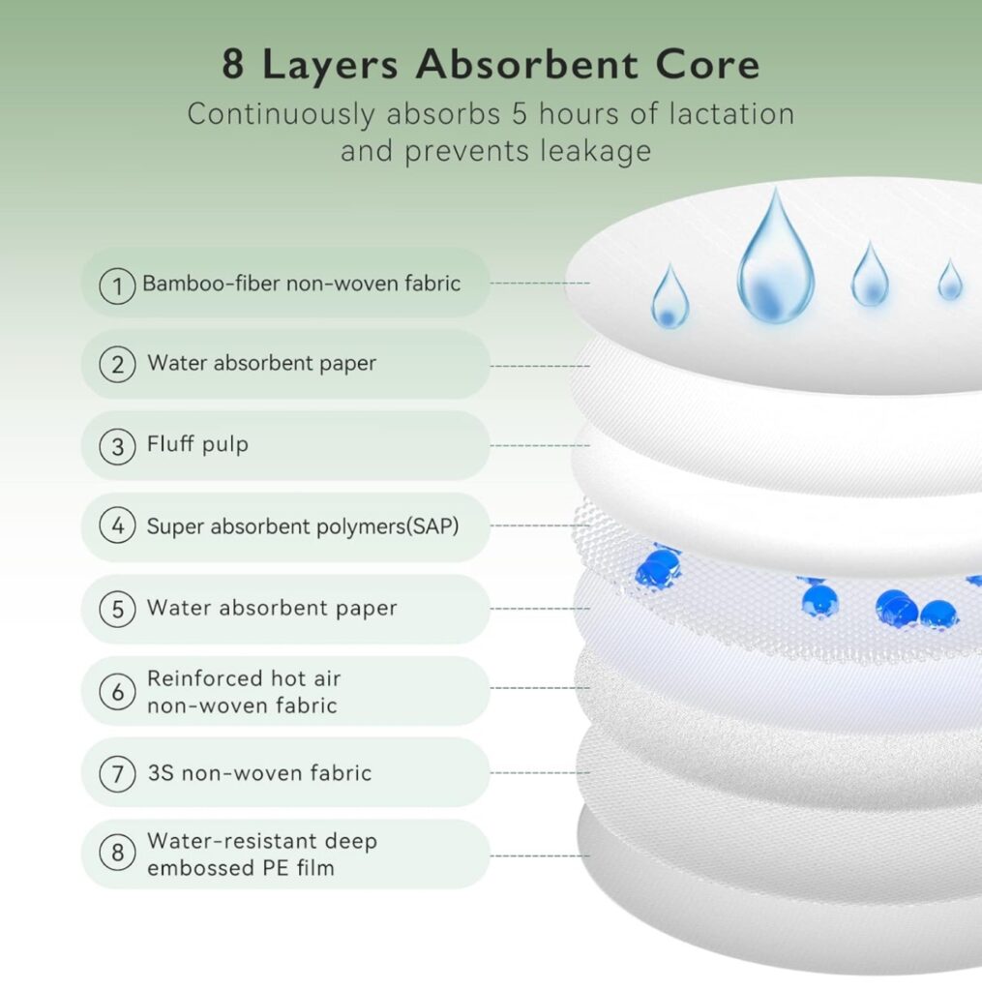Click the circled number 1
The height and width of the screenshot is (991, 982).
pyautogui.click(x=117, y=285)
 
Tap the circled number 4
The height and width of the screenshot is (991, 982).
pyautogui.click(x=117, y=526)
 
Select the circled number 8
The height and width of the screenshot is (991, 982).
pyautogui.click(x=117, y=853)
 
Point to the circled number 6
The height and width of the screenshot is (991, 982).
pyautogui.click(x=117, y=692)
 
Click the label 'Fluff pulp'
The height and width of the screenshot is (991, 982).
pyautogui.click(x=197, y=444)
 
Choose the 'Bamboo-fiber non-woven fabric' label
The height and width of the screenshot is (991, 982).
pyautogui.click(x=302, y=284)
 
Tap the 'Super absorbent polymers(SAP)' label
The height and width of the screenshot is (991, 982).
pyautogui.click(x=303, y=526)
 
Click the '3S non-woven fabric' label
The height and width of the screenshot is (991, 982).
pyautogui.click(x=259, y=773)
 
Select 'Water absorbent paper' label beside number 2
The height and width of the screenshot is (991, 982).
pyautogui.click(x=261, y=364)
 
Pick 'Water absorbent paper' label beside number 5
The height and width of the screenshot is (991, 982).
pyautogui.click(x=273, y=608)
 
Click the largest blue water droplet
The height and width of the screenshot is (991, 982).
pyautogui.click(x=775, y=259)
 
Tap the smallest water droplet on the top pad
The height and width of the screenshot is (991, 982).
pyautogui.click(x=950, y=280)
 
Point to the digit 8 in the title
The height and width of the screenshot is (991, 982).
pyautogui.click(x=233, y=65)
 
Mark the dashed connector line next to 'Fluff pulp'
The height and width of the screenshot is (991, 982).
pyautogui.click(x=540, y=445)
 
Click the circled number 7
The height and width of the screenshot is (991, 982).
pyautogui.click(x=117, y=773)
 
